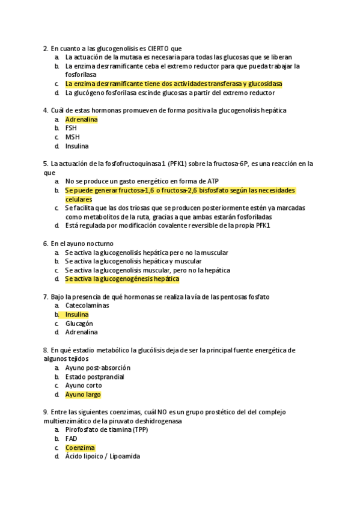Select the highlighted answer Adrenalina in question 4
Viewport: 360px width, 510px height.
coord(81,119)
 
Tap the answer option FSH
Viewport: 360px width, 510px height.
coord(71,128)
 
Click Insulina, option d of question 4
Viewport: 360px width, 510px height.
coord(77,146)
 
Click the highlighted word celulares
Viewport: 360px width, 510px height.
coord(78,199)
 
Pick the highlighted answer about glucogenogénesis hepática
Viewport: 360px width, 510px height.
coord(122,279)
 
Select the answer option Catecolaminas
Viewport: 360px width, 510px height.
coord(87,306)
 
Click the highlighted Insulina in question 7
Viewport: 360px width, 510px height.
coord(77,315)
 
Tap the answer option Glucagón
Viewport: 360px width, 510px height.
coord(79,323)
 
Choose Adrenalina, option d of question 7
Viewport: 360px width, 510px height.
coord(81,332)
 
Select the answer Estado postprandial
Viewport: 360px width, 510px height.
coord(94,376)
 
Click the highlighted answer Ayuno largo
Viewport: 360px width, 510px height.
coord(83,395)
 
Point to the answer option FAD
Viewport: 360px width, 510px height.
coord(71,439)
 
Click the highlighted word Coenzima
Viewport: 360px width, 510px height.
coord(80,447)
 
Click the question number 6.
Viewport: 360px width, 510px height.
coord(46,244)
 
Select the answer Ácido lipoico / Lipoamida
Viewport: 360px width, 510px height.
coord(102,456)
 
